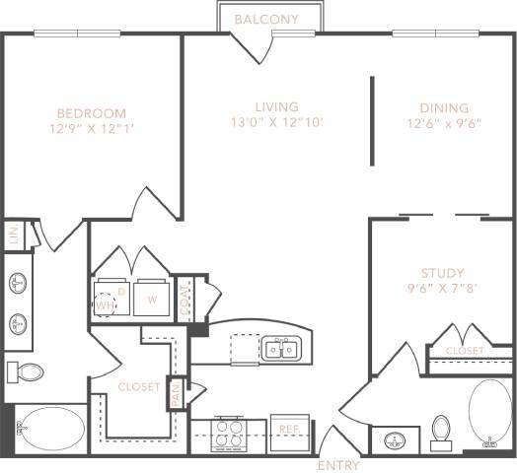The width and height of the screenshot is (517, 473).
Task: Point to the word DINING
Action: click(x=443, y=108)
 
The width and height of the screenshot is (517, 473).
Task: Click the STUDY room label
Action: click(x=442, y=273)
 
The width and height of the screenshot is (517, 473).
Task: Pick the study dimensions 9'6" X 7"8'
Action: click(x=442, y=290)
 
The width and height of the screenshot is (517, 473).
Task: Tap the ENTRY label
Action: click(x=338, y=465)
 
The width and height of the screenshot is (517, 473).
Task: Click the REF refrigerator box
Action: click(x=288, y=430)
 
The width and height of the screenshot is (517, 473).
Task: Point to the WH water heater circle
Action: click(x=105, y=304)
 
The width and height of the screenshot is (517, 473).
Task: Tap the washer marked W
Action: click(x=152, y=300)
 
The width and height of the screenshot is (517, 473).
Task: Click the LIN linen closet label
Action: click(x=13, y=236)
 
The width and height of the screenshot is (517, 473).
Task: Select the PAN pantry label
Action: click(x=176, y=393)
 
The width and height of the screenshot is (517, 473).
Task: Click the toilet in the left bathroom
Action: click(x=28, y=372)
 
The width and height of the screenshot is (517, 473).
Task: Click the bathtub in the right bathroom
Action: click(x=490, y=414)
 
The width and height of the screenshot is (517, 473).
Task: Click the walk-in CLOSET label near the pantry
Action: click(x=138, y=387)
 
